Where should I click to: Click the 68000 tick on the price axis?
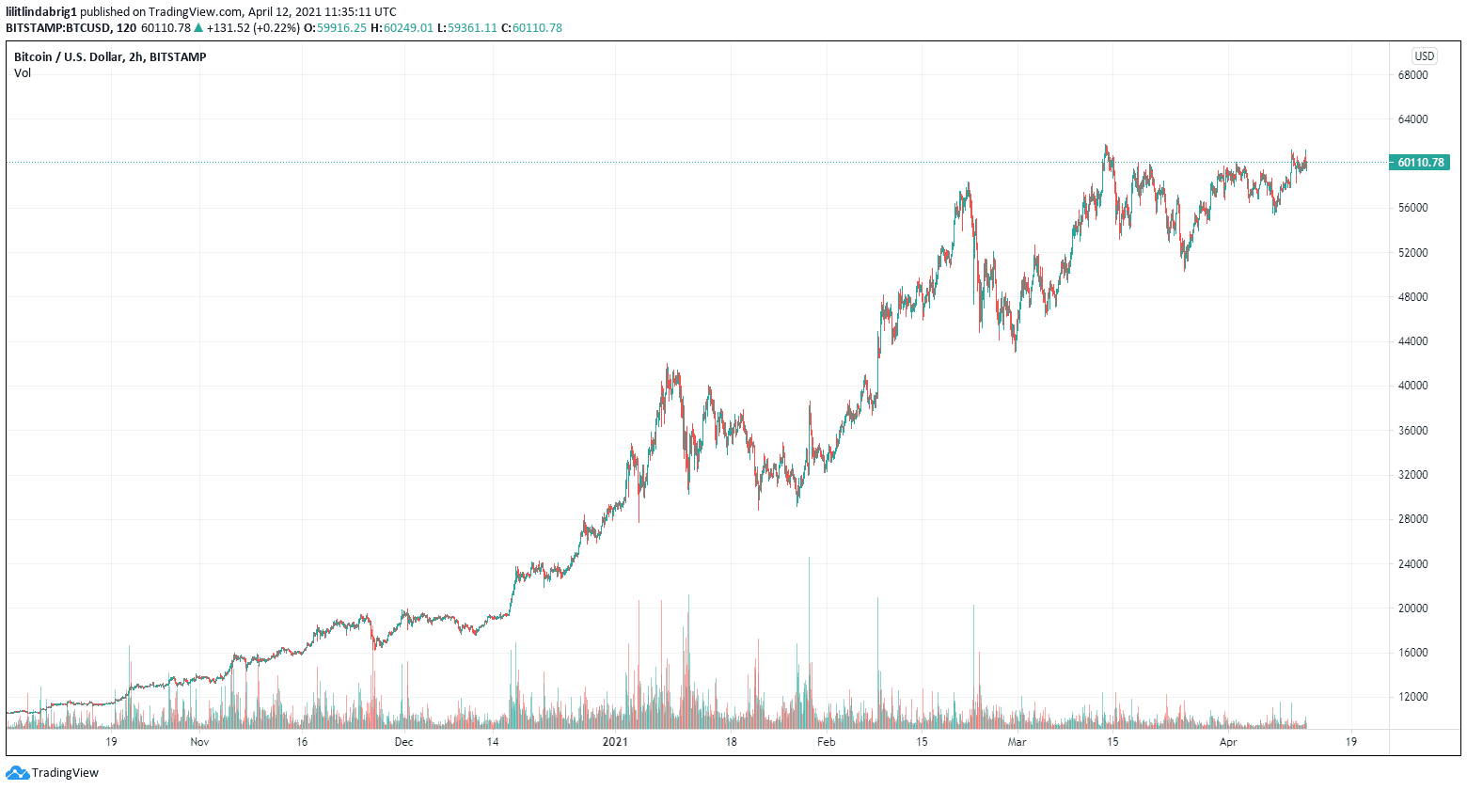pyautogui.click(x=1412, y=75)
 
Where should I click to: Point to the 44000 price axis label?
pyautogui.click(x=1412, y=341)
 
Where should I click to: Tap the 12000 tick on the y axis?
pyautogui.click(x=1412, y=697)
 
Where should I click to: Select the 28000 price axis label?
pyautogui.click(x=1412, y=519)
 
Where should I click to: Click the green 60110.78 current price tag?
pyautogui.click(x=1420, y=163)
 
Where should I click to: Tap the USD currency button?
pyautogui.click(x=1424, y=56)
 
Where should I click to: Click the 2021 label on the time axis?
pyautogui.click(x=615, y=742)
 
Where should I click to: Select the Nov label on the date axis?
pyautogui.click(x=199, y=742)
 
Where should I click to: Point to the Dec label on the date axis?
pyautogui.click(x=403, y=742)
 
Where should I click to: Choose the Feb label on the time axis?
pyautogui.click(x=826, y=742)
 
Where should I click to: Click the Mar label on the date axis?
pyautogui.click(x=1017, y=742)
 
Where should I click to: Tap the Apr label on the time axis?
pyautogui.click(x=1227, y=742)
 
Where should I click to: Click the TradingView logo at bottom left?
pyautogui.click(x=53, y=773)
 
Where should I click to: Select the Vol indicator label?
pyautogui.click(x=23, y=73)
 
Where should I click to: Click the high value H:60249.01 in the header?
pyautogui.click(x=402, y=28)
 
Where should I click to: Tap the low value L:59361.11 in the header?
pyautogui.click(x=466, y=28)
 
